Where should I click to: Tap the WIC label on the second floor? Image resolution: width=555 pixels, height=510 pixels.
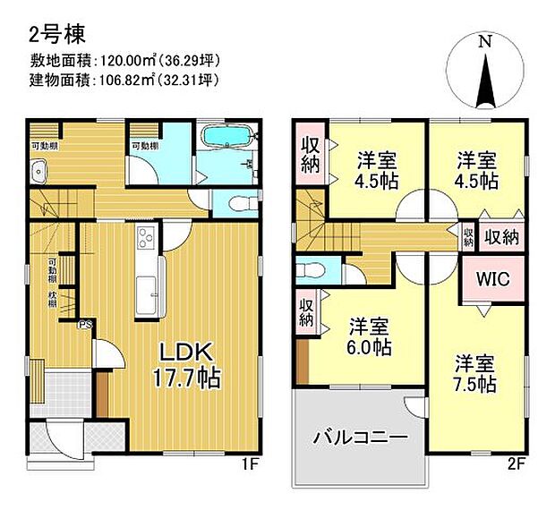(x=491, y=279)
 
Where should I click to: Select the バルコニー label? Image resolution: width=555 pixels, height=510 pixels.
(x=360, y=438)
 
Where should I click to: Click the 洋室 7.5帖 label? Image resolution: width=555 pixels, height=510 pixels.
(x=474, y=374)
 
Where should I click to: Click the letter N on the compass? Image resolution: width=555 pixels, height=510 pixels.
(x=483, y=41)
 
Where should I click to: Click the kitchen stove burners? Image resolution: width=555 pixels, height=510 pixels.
(x=145, y=239)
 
